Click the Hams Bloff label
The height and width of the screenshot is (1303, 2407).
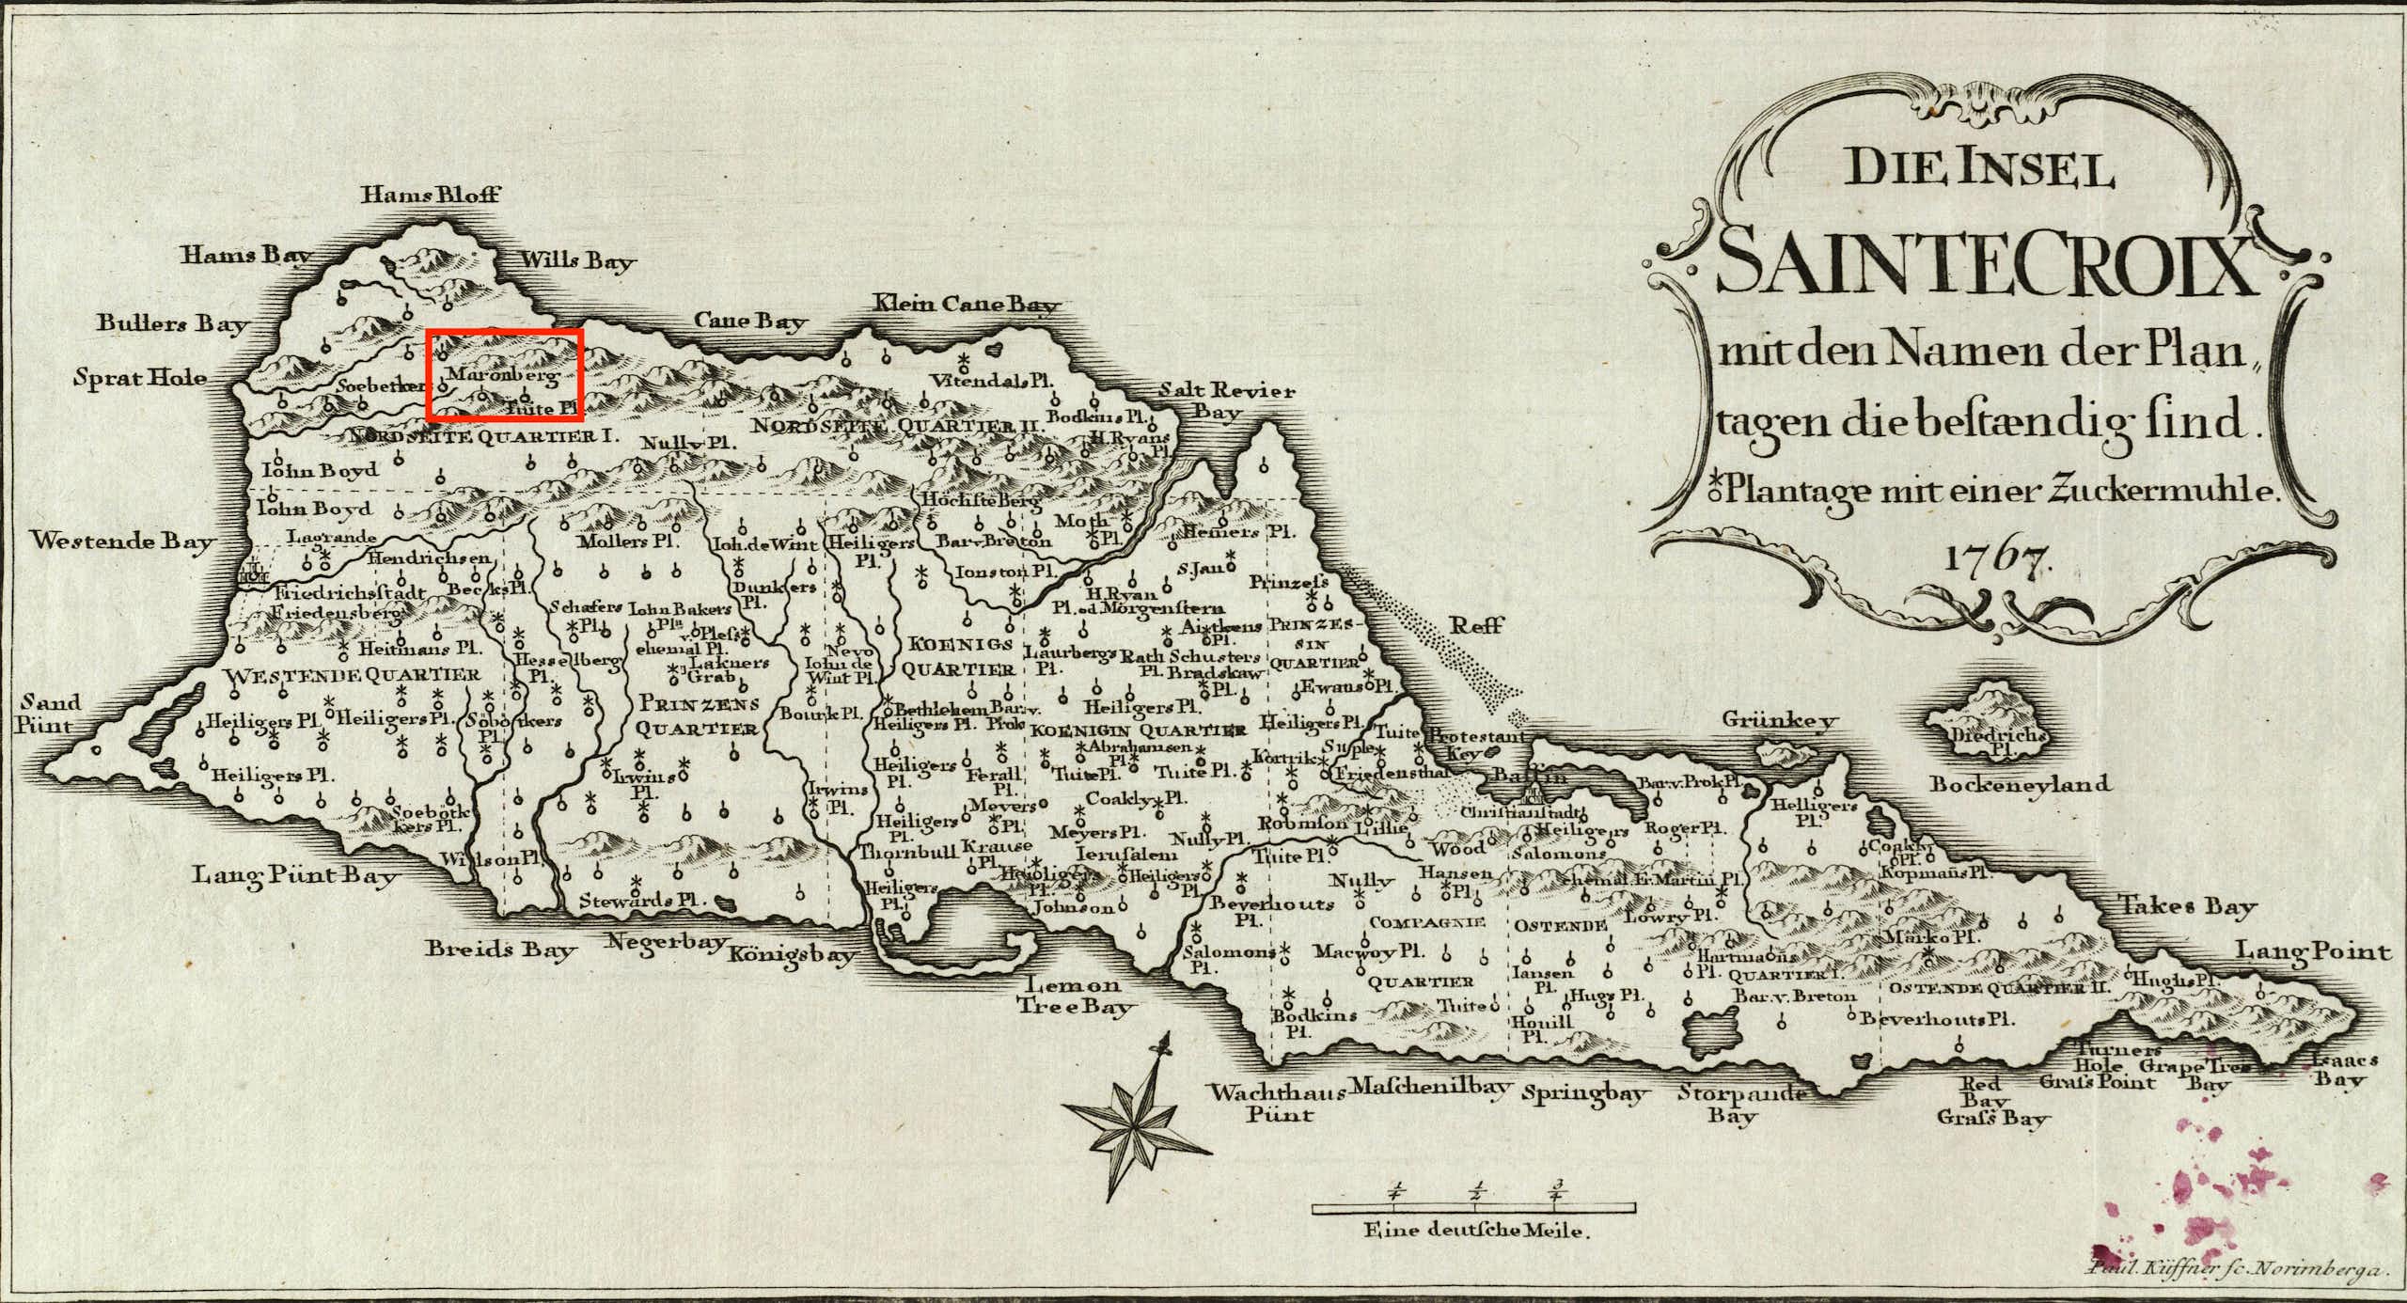(x=432, y=196)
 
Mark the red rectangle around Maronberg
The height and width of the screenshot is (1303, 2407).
(x=505, y=374)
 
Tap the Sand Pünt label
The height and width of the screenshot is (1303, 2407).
(x=45, y=714)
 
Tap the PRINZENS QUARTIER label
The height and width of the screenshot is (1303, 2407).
(x=698, y=714)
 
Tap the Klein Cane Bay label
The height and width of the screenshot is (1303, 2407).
(x=968, y=304)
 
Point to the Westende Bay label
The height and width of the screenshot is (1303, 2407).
(x=123, y=542)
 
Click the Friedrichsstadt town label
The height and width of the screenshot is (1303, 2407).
(x=351, y=593)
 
